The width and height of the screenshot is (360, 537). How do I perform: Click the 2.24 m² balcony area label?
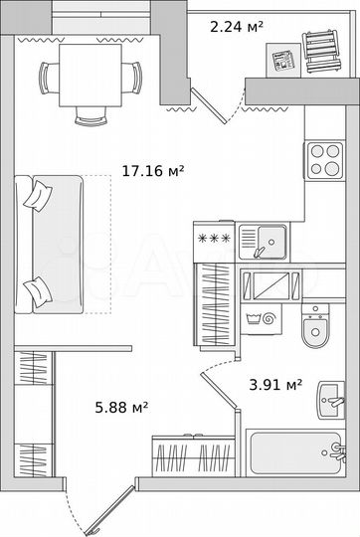[236, 27]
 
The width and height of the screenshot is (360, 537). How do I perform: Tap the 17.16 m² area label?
[152, 172]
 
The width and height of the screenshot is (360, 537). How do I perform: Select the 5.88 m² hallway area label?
[121, 406]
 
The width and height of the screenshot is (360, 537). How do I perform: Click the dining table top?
[90, 75]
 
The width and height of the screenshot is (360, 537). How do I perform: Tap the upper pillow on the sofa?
[40, 192]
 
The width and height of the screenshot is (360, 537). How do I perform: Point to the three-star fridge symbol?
[212, 239]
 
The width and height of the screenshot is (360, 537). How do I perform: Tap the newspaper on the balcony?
[285, 60]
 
